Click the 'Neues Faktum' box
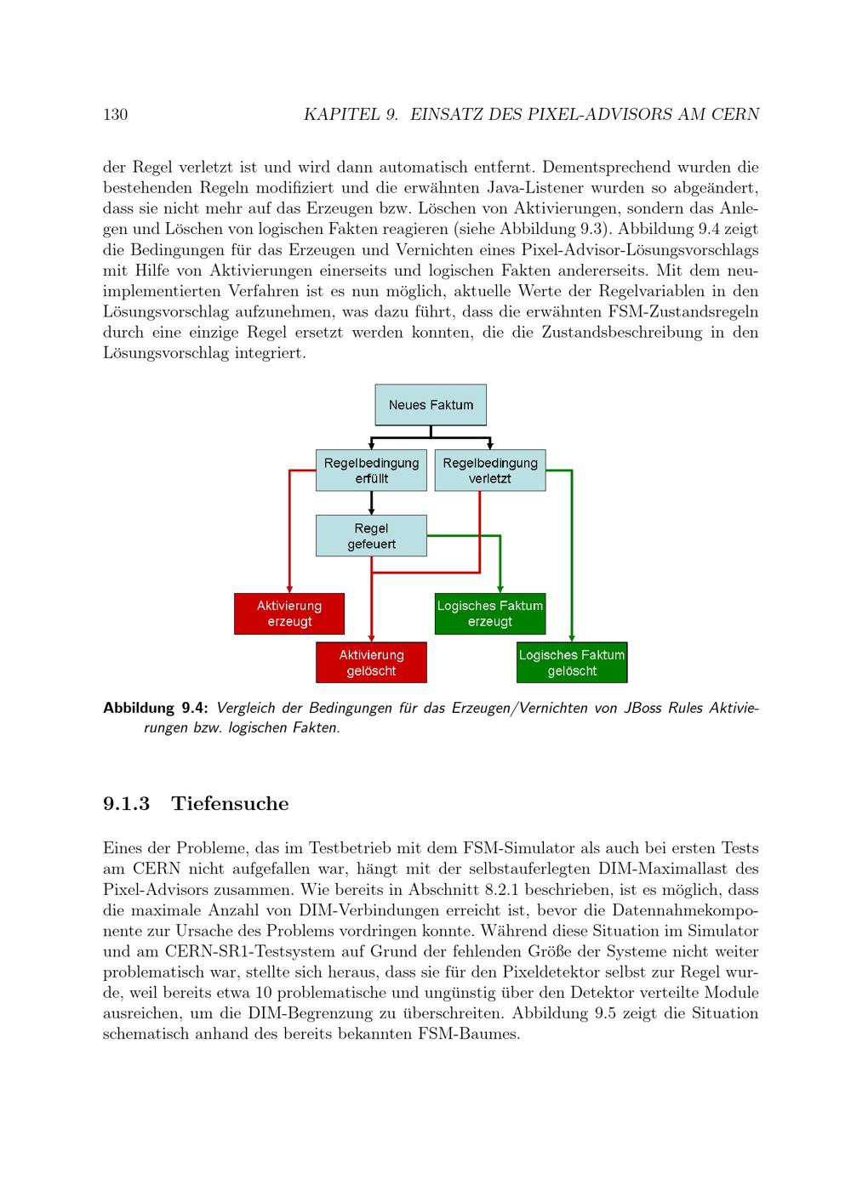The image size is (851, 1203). coord(431,405)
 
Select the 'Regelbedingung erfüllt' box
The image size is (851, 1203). coord(371,470)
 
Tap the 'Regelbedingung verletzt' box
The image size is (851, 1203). coord(490,470)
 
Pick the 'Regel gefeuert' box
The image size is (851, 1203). coord(371,536)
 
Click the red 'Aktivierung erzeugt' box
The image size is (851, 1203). coord(289,613)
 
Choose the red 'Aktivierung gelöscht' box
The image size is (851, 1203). coord(371,663)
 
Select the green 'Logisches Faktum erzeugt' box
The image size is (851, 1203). coord(490,613)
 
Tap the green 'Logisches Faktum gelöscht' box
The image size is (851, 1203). coord(572,663)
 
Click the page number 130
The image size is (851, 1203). coord(115,115)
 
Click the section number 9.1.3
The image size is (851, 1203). coord(126,804)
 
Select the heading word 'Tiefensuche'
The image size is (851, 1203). coord(230,804)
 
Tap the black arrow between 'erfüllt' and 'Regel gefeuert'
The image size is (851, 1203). coord(371,503)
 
